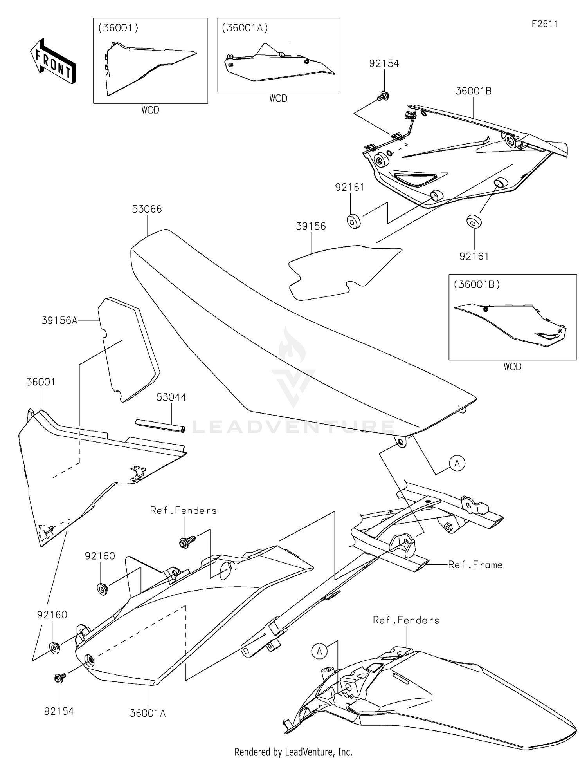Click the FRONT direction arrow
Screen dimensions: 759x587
53,61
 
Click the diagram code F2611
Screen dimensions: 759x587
544,24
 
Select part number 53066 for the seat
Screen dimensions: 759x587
147,209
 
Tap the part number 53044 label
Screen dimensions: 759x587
171,397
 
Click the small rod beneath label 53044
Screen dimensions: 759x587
160,426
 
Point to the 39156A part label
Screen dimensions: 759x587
59,321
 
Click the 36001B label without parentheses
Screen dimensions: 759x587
474,91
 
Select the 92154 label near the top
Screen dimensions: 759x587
384,63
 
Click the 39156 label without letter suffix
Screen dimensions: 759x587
311,226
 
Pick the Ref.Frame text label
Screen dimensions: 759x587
475,565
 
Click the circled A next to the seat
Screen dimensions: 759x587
457,463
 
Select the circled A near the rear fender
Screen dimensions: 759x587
319,651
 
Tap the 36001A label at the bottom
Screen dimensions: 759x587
148,714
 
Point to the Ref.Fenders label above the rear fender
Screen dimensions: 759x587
406,620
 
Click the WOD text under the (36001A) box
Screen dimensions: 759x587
278,99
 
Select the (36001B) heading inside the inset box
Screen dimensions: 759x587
477,285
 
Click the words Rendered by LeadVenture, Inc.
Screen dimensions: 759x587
293,752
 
